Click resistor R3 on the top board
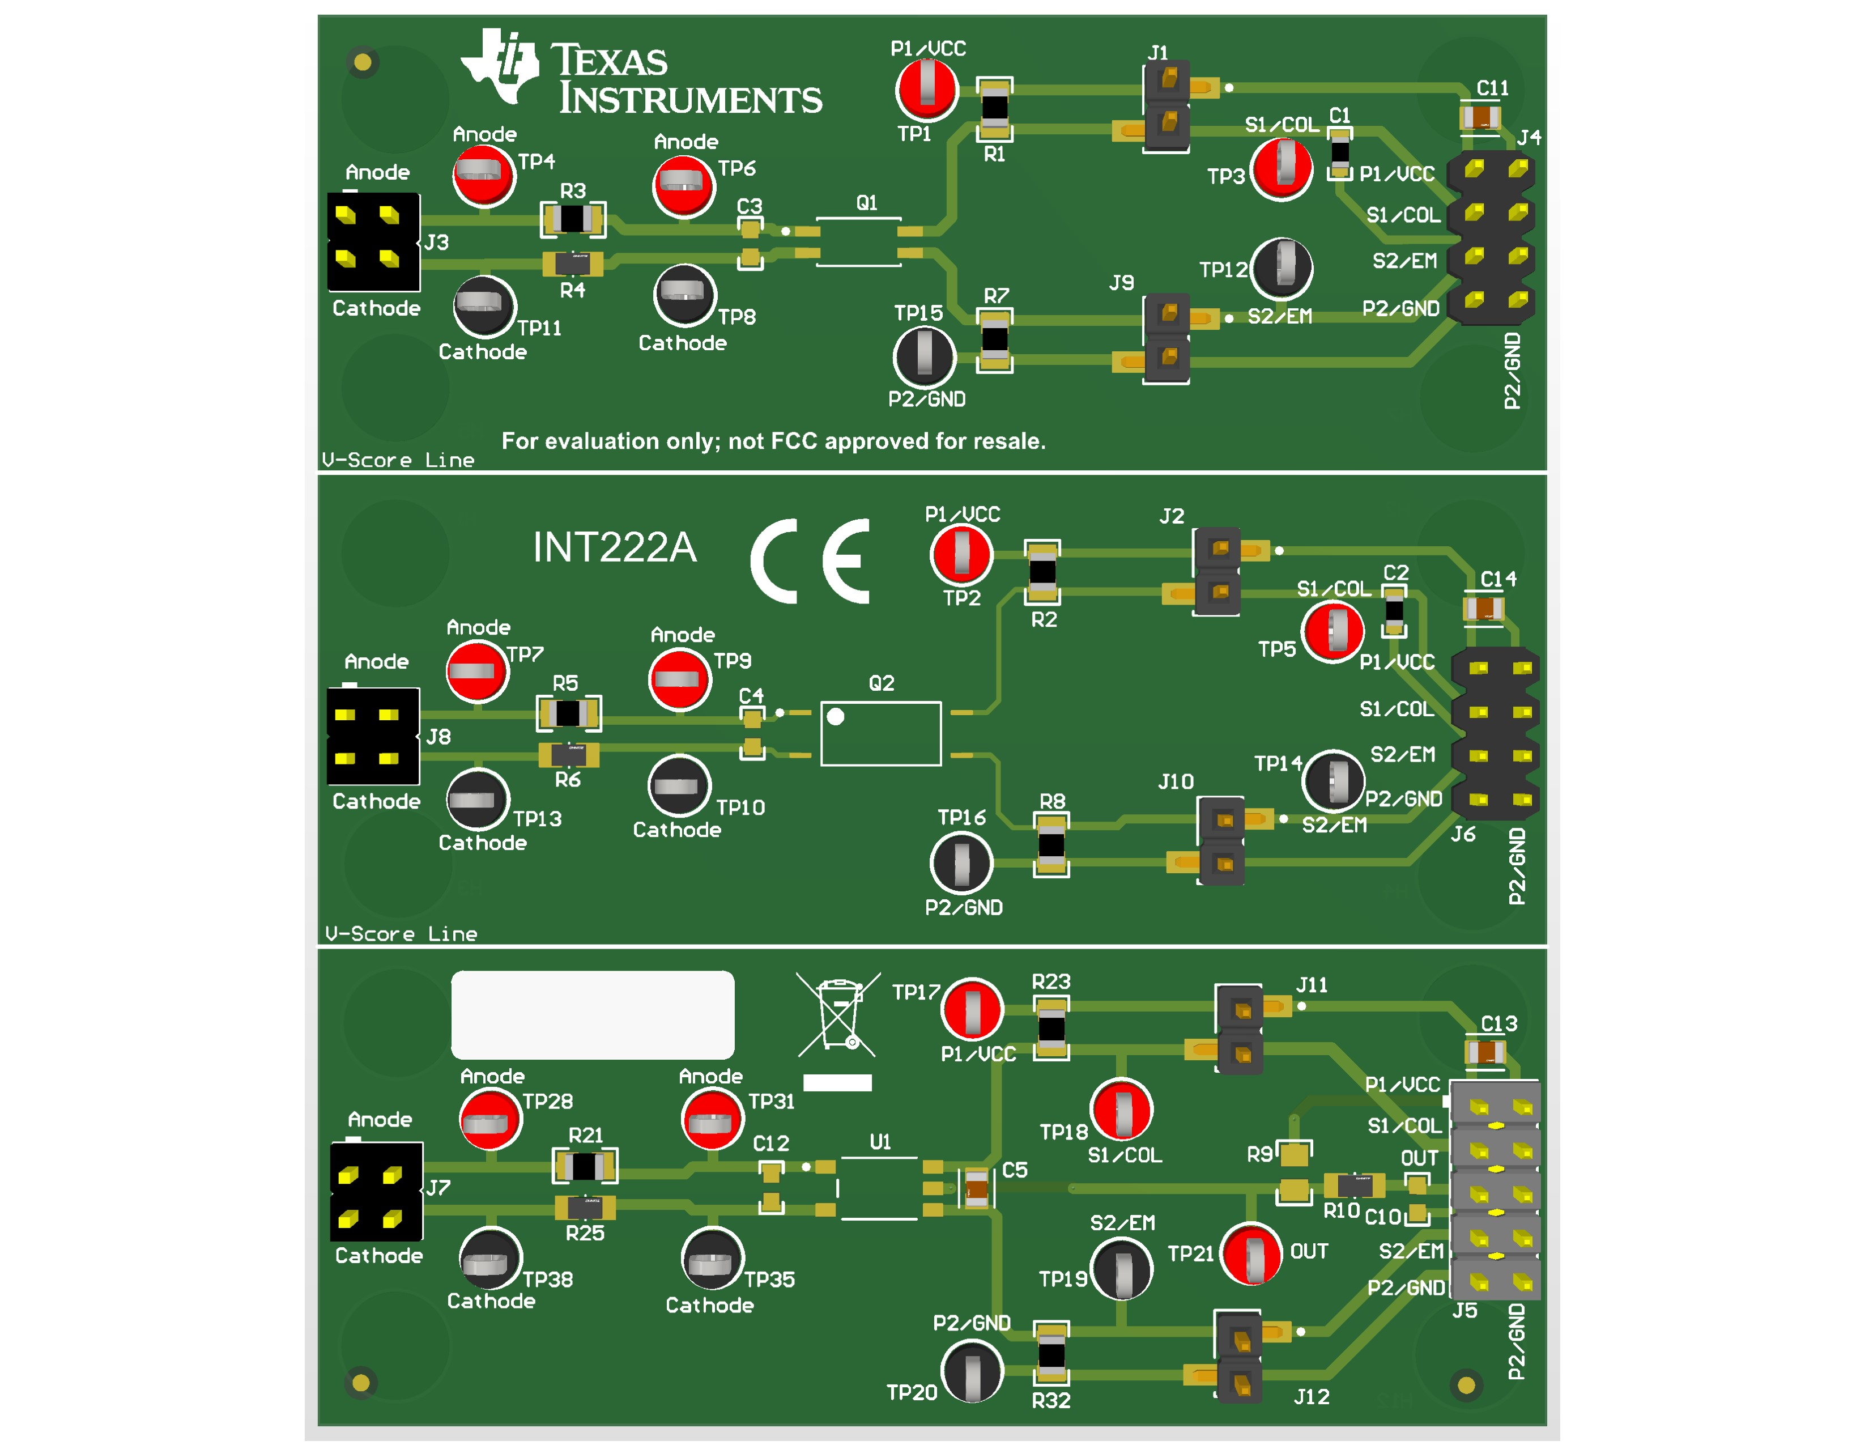click(573, 219)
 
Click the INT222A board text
click(615, 547)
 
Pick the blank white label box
click(592, 1014)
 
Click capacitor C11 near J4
click(1480, 117)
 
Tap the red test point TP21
click(1251, 1254)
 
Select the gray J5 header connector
click(1495, 1191)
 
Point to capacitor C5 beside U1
click(977, 1187)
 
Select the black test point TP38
click(491, 1259)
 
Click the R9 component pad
click(1294, 1154)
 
